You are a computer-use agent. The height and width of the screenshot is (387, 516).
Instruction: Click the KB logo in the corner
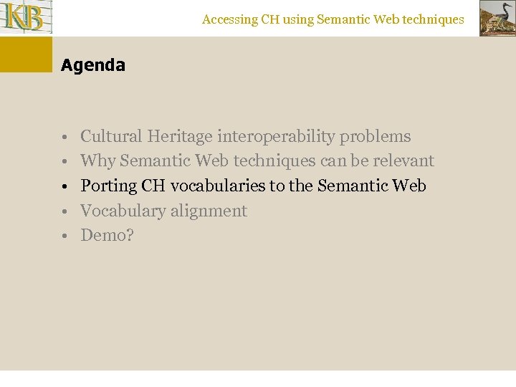point(24,17)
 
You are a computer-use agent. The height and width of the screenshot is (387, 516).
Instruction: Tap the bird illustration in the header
point(497,18)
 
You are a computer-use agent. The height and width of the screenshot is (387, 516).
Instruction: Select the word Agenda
point(93,65)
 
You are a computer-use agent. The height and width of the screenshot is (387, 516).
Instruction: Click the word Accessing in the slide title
point(229,20)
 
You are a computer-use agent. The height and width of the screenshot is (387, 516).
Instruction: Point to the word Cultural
point(111,136)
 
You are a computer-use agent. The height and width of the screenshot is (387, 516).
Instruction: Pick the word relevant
point(403,161)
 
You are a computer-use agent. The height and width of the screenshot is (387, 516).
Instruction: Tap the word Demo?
point(107,236)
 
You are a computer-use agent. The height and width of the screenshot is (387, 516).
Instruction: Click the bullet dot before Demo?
point(64,236)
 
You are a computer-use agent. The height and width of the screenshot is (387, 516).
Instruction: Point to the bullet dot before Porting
point(64,187)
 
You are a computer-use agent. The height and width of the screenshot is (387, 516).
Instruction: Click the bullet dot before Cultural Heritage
point(64,137)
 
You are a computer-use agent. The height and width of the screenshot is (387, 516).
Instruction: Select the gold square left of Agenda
point(26,54)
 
